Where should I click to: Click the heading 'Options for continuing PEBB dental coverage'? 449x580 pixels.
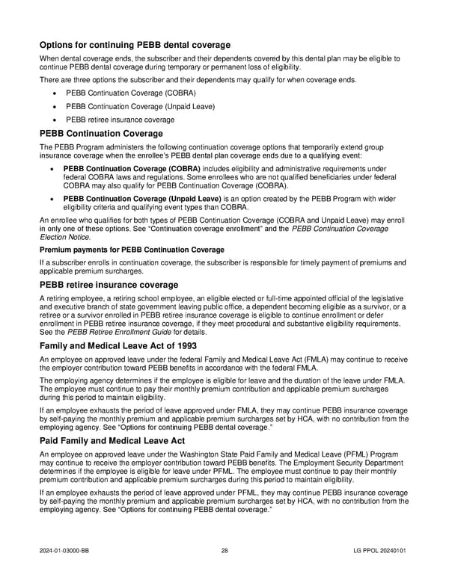[x=135, y=45]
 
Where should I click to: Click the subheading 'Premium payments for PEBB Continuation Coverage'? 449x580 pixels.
[x=132, y=249]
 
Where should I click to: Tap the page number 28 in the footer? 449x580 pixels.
[x=224, y=551]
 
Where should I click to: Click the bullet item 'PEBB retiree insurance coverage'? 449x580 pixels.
[x=120, y=120]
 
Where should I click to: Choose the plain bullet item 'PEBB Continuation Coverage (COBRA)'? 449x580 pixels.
[x=131, y=93]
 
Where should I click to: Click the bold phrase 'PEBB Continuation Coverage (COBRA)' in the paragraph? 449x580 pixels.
[x=132, y=169]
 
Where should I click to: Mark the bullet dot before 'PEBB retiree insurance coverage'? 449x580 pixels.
[x=55, y=120]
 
